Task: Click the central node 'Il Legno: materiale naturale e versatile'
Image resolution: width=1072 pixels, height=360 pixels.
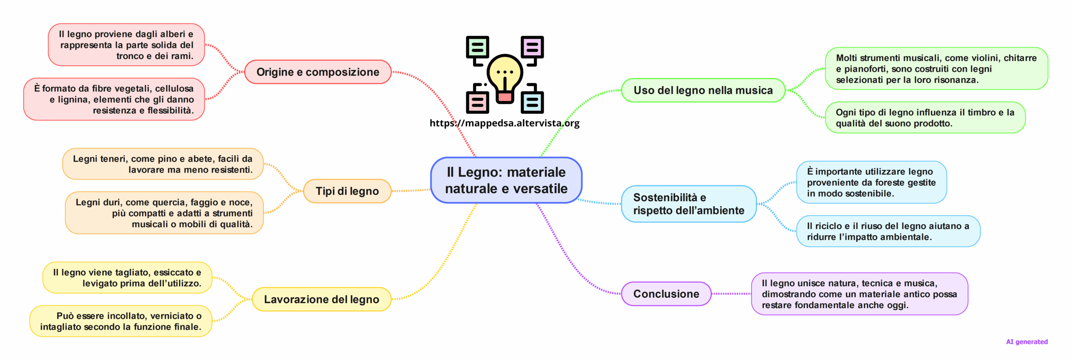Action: coord(506,180)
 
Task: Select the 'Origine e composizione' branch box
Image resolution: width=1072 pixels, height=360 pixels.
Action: coord(318,72)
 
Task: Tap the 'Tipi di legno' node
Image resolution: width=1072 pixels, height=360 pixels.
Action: coord(347,191)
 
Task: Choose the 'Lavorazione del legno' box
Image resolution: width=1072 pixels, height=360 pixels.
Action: coord(321,299)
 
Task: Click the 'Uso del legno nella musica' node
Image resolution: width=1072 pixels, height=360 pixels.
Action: coord(703,90)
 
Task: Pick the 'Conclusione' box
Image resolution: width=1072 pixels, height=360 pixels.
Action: coord(666,294)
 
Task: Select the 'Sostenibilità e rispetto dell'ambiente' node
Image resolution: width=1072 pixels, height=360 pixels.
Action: coord(688,204)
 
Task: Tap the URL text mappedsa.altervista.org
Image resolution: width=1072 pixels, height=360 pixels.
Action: coord(505,123)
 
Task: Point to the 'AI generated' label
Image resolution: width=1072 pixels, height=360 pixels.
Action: coord(1027,342)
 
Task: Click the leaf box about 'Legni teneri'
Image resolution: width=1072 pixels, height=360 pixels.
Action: coord(163,164)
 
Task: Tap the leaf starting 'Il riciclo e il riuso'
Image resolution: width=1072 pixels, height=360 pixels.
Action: coord(888,231)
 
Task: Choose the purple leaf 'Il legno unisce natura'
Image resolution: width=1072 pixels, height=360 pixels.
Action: coord(859,294)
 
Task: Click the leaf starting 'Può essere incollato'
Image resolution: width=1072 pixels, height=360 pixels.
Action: coord(121,321)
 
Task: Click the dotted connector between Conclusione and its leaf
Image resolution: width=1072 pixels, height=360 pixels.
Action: coord(731,294)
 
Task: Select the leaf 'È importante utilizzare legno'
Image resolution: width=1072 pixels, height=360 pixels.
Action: coord(871,183)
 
